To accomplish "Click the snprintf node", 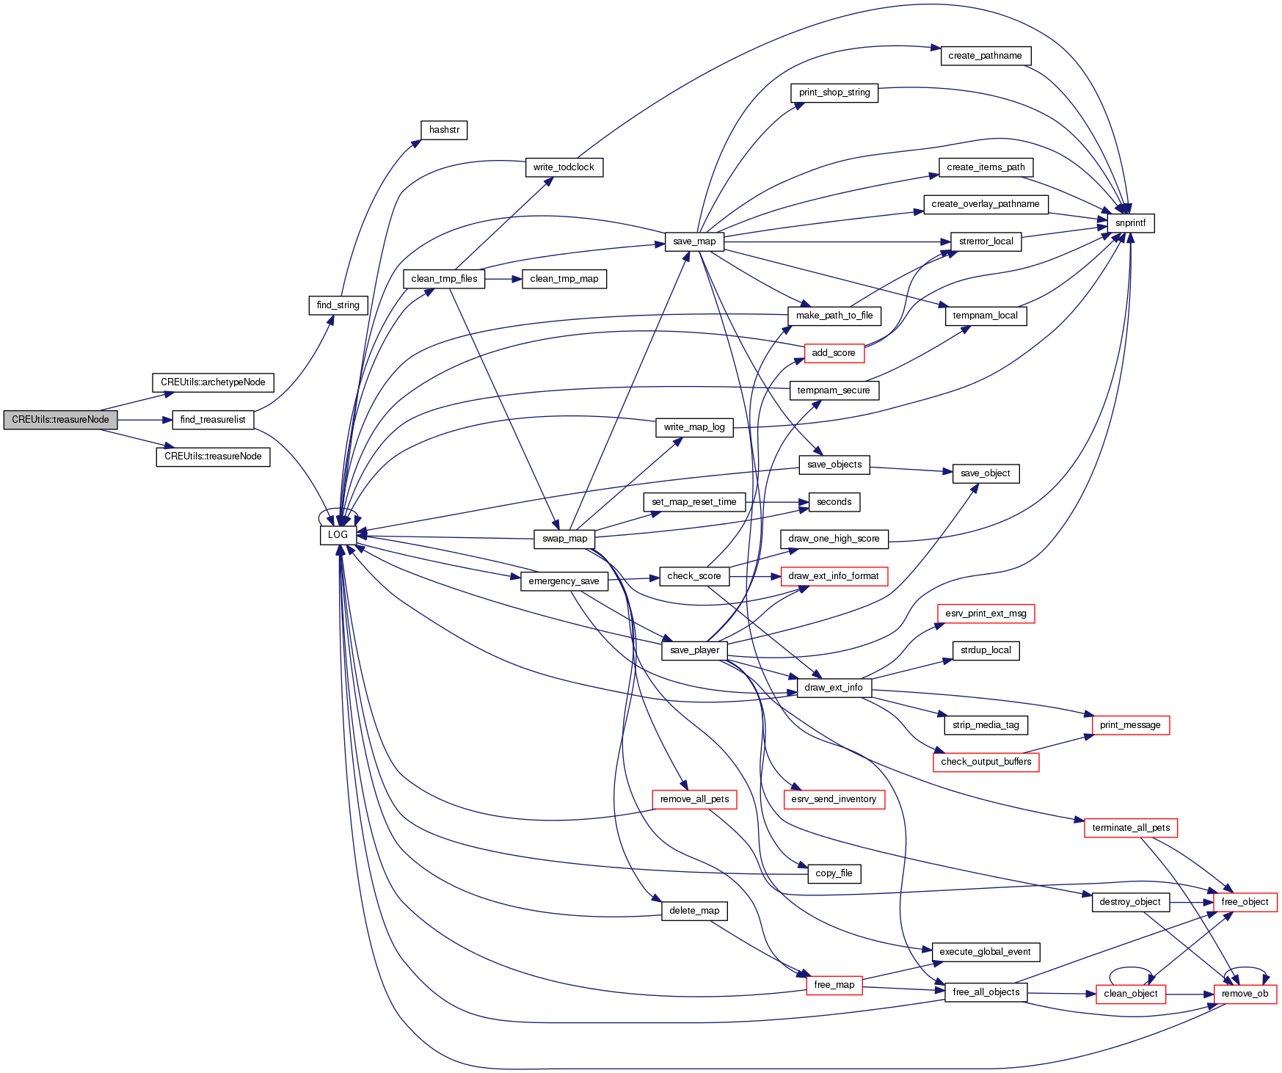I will (1130, 223).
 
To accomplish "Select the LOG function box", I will (338, 535).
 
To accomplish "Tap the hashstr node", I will (444, 130).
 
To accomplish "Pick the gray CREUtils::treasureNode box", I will (60, 420).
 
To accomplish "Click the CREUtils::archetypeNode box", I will (213, 382).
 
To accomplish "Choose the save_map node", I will (694, 241).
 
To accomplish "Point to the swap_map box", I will (564, 539).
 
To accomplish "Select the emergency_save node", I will (564, 581).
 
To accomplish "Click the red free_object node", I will (1245, 902).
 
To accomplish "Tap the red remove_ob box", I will (1245, 994).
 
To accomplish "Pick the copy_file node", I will (834, 873).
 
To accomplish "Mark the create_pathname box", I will (985, 56).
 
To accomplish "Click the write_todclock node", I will (564, 167).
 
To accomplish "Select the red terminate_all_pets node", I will (1131, 828).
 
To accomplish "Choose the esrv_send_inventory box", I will (834, 799).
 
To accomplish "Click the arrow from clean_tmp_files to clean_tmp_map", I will (503, 279).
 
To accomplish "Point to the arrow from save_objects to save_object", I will (911, 470).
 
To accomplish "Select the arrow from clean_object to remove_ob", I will (1190, 994).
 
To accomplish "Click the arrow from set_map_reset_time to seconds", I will (777, 502).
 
